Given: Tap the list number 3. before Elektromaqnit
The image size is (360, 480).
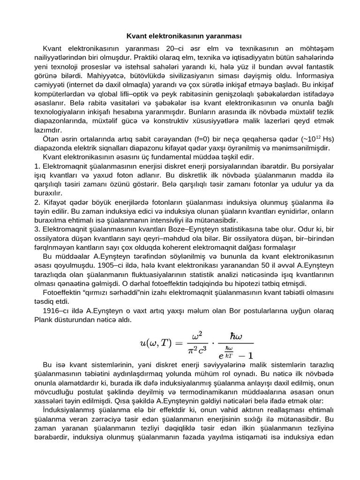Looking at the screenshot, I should (38, 230).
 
